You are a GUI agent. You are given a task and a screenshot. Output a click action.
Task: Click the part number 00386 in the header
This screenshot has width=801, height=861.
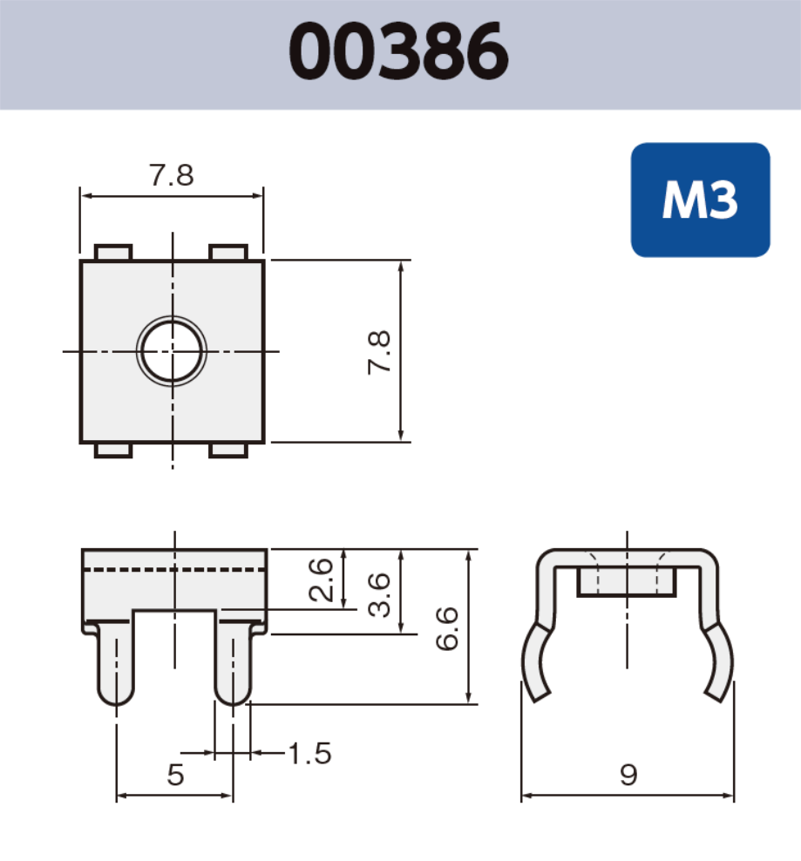click(x=398, y=51)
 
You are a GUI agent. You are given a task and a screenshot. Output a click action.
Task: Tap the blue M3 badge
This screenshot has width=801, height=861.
click(x=700, y=200)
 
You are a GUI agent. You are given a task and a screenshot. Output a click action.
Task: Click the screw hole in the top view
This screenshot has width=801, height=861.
click(x=173, y=351)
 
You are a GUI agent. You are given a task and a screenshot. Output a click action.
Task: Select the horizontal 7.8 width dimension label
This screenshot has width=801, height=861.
click(x=171, y=175)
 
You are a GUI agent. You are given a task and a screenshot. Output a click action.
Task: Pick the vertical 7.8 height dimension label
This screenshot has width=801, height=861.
click(x=379, y=352)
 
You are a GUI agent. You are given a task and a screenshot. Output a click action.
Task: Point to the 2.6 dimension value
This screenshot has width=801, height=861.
click(x=321, y=580)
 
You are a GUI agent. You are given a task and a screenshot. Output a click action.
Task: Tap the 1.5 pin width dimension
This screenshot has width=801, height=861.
click(x=309, y=753)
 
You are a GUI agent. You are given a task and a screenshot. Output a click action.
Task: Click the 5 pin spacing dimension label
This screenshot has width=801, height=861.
click(x=175, y=775)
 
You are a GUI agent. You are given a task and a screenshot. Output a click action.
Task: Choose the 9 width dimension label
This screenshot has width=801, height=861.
click(x=628, y=775)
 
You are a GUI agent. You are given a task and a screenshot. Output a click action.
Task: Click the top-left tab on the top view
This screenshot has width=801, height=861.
click(x=112, y=253)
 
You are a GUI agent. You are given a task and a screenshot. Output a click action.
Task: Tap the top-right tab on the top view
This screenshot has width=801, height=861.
click(x=229, y=253)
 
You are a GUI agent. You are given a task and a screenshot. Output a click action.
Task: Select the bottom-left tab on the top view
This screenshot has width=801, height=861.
click(x=112, y=450)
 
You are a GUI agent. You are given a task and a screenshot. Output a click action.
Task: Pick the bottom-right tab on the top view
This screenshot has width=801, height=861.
click(x=229, y=450)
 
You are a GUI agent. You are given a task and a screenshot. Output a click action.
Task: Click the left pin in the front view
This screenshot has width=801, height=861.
click(x=116, y=662)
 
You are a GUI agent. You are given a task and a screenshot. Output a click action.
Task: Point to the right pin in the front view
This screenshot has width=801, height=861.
click(x=233, y=662)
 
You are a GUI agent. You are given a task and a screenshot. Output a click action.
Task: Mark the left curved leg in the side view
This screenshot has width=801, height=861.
click(x=537, y=662)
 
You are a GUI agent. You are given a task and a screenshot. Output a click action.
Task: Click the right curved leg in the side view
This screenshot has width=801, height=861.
click(x=719, y=662)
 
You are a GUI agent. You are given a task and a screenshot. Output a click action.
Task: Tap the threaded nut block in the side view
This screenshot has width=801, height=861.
click(x=627, y=582)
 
